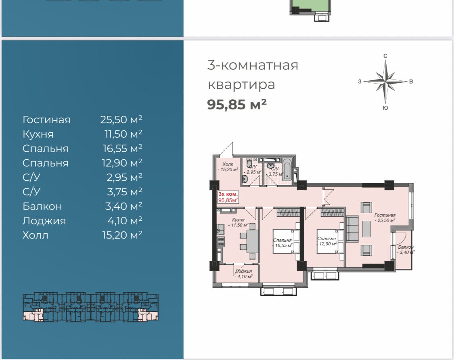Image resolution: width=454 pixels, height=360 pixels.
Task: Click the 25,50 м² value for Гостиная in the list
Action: pos(121,119)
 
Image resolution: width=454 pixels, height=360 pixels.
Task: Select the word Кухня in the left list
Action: pos(38,134)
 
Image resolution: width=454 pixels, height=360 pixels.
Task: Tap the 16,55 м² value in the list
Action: pos(122,148)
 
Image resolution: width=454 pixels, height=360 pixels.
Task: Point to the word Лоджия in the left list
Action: pos(44,221)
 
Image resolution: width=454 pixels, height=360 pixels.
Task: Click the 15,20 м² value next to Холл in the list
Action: pos(122,235)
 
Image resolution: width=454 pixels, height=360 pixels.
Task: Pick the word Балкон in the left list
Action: pos(42,206)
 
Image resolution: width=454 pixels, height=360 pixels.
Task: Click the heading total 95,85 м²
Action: pos(237,104)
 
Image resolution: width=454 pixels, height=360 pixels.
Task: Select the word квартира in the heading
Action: pos(241,85)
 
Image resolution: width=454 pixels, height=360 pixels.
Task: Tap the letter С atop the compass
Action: pos(385,56)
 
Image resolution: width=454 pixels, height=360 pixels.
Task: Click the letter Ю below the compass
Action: pos(385,108)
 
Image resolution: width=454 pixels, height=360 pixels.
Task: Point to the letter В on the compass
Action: pos(411,82)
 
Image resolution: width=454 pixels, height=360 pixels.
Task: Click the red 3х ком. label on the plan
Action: pos(228,194)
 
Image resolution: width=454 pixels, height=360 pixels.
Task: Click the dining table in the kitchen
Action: pos(251,241)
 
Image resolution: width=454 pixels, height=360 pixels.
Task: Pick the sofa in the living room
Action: pos(352,229)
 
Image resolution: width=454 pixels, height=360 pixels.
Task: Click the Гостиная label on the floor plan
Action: pos(385,215)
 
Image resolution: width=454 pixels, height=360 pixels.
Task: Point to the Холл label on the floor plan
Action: pos(228,164)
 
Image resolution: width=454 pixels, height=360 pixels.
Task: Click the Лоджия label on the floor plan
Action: pos(243,271)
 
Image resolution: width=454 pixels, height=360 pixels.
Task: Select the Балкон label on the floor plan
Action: pos(406,247)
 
